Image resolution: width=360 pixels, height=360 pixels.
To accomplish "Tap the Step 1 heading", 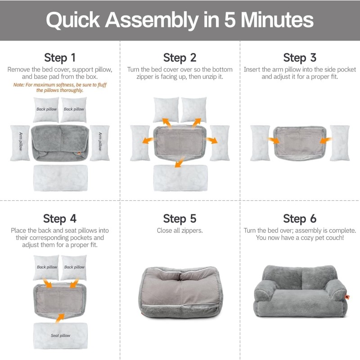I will [60, 58].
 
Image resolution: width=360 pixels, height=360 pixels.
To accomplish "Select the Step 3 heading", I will [300, 58].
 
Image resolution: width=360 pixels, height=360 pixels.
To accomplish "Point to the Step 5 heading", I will [180, 219].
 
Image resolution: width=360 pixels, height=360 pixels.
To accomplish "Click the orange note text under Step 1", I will [60, 87].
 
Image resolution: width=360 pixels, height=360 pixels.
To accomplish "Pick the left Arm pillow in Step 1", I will [20, 143].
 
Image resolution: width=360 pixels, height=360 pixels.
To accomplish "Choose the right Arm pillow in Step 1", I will [99, 143].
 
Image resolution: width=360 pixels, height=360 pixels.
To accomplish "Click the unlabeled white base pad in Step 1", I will [60, 177].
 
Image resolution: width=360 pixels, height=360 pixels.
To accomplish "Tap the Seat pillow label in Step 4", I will [60, 336].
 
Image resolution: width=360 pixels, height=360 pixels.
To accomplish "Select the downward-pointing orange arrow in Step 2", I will [180, 162].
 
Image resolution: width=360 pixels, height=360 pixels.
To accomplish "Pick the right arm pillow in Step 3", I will [339, 143].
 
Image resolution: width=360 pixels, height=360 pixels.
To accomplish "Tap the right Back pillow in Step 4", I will [73, 267].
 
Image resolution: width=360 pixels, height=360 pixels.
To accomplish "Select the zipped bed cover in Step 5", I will [180, 292].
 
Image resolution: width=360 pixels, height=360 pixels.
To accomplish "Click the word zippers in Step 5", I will [191, 230].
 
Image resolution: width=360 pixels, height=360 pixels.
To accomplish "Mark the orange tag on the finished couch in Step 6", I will [347, 297].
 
